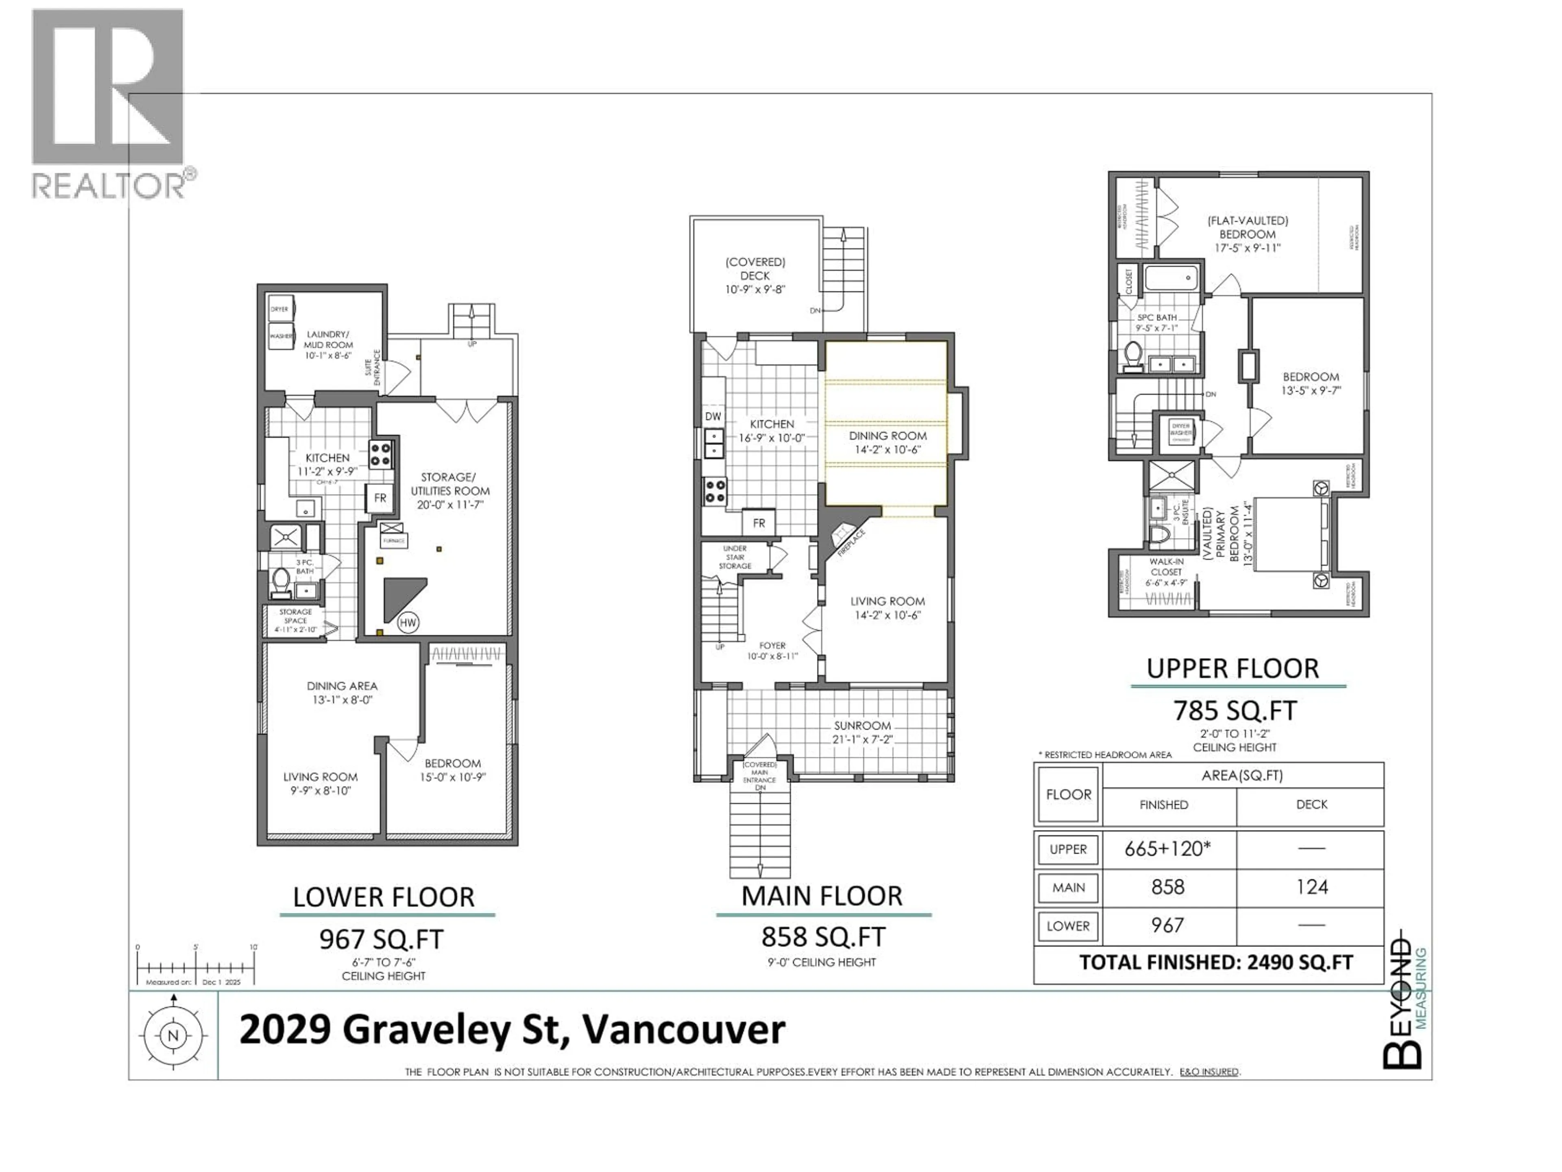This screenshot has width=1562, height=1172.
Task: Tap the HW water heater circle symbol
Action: point(408,622)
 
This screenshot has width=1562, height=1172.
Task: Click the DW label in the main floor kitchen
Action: point(713,417)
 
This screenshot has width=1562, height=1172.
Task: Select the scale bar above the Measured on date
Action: point(196,967)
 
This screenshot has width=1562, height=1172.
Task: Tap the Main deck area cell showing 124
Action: point(1311,887)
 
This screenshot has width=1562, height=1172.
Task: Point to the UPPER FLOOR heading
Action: point(1232,668)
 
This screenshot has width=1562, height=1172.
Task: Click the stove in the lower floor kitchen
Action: point(381,454)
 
